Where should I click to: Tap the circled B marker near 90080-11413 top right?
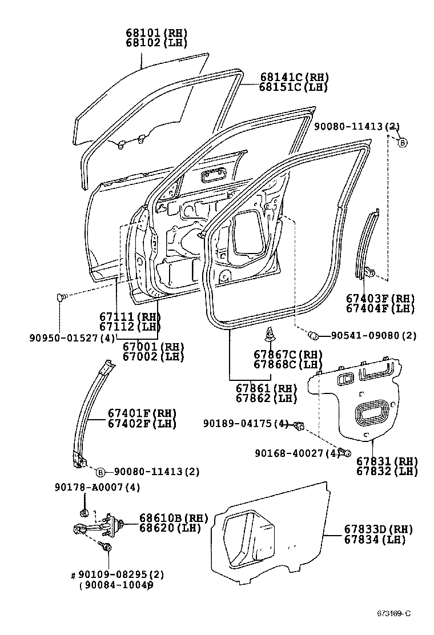click(x=402, y=143)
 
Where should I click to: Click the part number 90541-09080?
click(x=365, y=335)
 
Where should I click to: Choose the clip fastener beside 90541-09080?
click(x=314, y=334)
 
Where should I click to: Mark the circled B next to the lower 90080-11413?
click(x=101, y=472)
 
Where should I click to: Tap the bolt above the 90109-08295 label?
click(x=108, y=548)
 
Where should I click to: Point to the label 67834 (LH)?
click(x=374, y=540)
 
